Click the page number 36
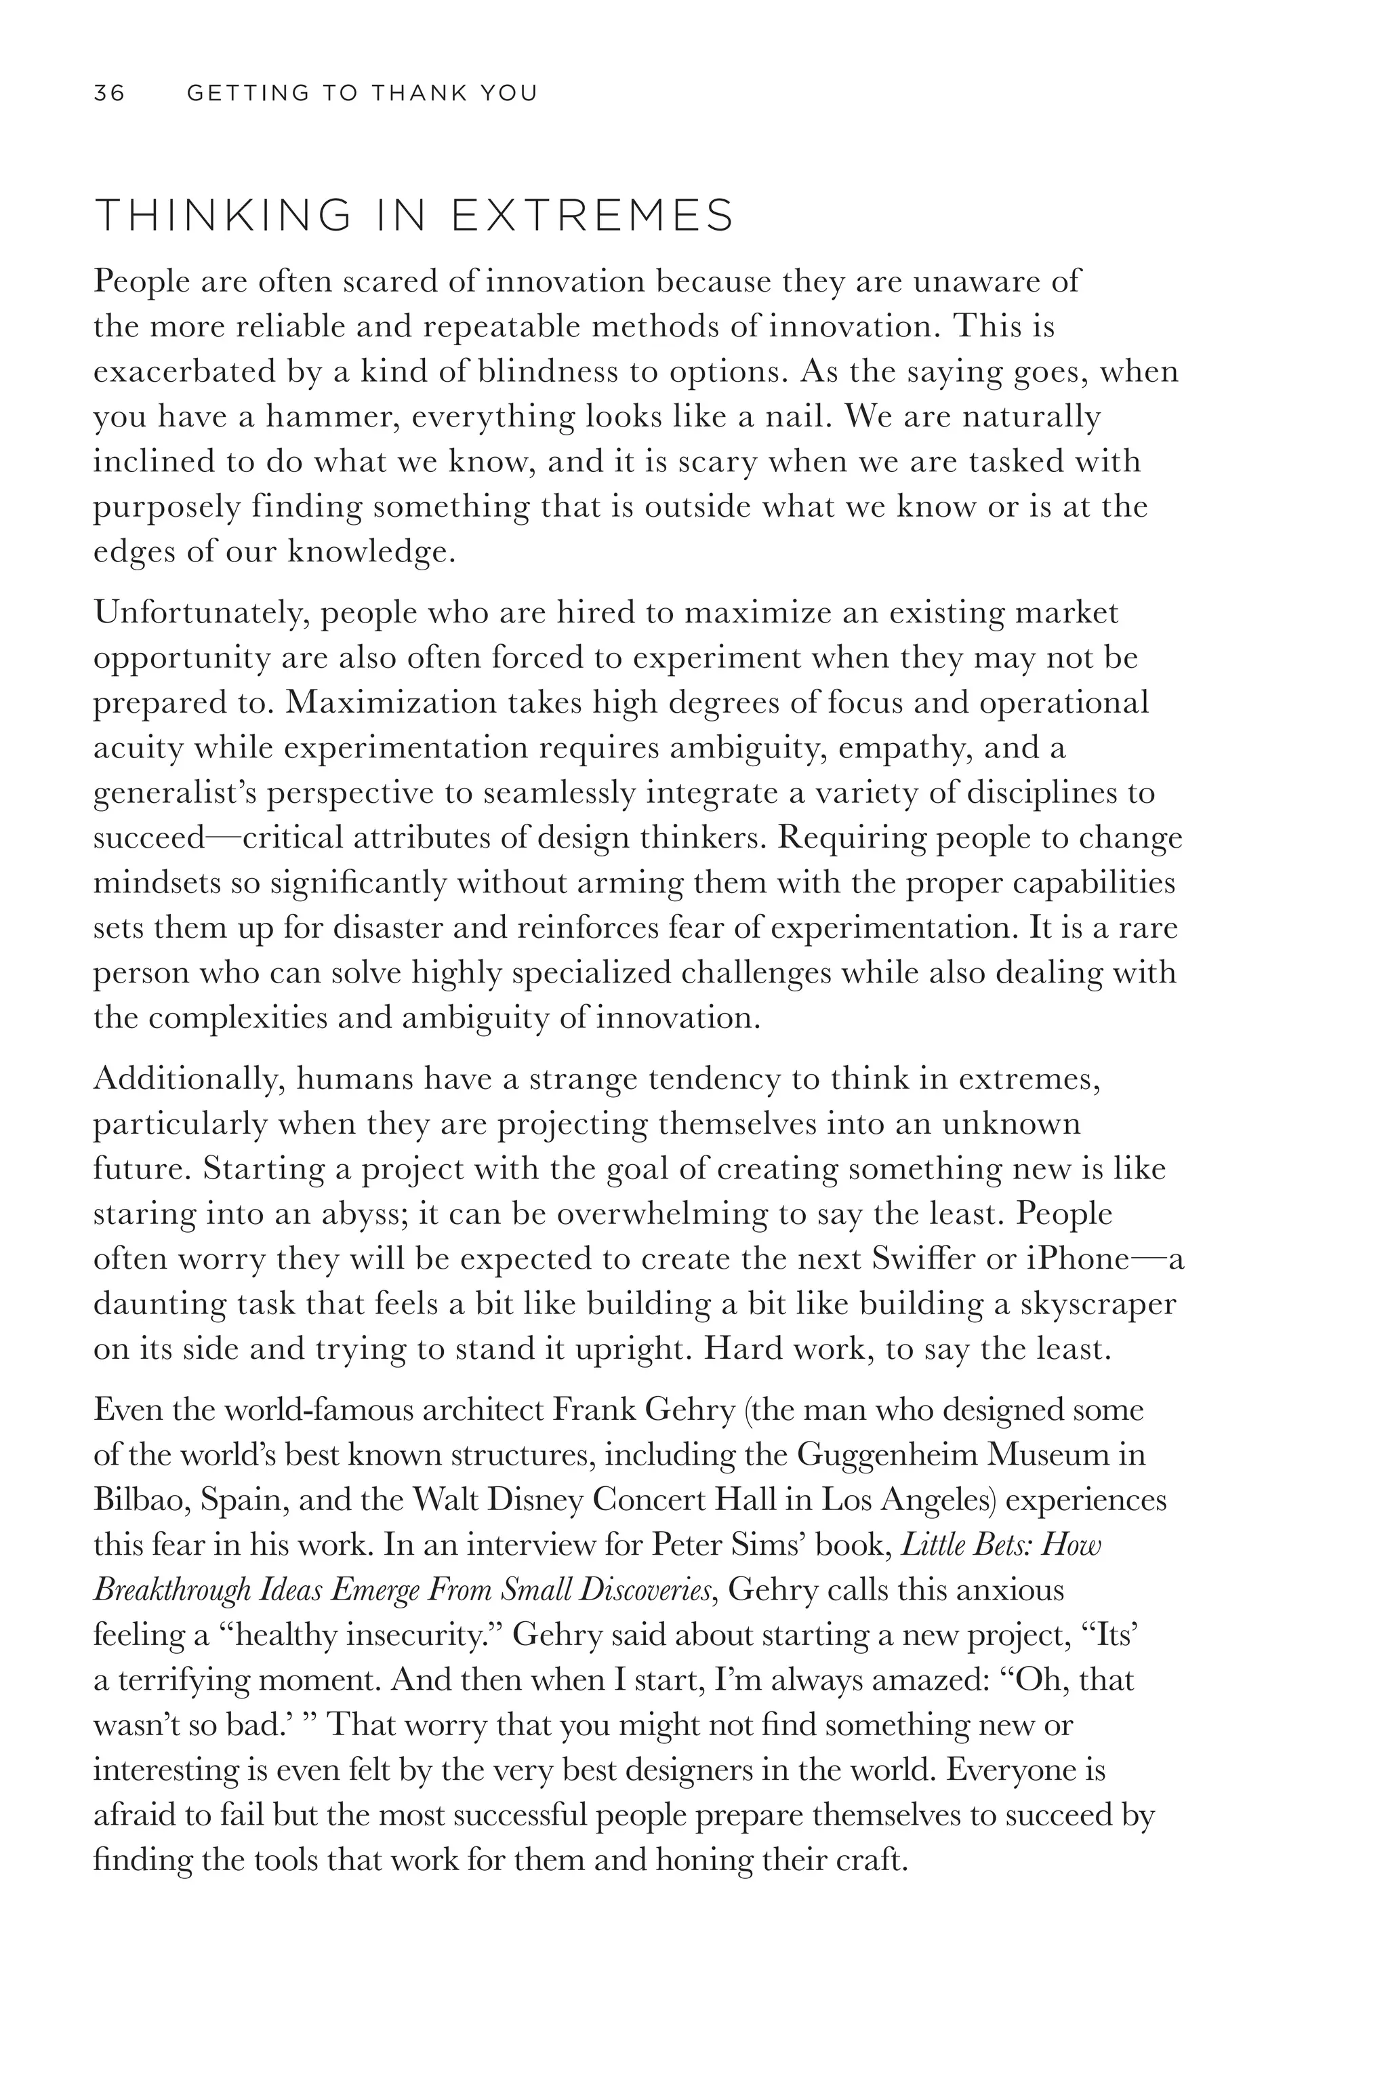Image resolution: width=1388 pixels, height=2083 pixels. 109,93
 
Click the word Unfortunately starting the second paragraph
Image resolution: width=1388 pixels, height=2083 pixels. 200,613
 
